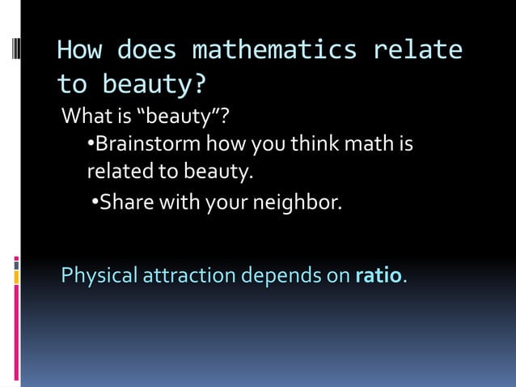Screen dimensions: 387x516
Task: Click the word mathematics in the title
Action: coord(274,50)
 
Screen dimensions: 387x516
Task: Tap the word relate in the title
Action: coord(417,50)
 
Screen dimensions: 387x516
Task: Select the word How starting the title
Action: coord(78,50)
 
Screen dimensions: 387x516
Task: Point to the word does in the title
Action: coord(146,50)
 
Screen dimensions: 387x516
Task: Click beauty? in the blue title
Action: coord(154,84)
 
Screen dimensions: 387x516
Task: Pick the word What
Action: coord(86,117)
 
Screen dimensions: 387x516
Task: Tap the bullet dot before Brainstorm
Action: coord(91,146)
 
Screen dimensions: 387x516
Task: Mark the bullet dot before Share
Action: coord(95,201)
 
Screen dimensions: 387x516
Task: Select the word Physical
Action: coord(99,276)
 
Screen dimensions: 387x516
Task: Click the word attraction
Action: coord(190,276)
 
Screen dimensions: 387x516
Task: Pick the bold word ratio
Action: coord(378,275)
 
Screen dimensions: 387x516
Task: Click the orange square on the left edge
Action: coord(16,277)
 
